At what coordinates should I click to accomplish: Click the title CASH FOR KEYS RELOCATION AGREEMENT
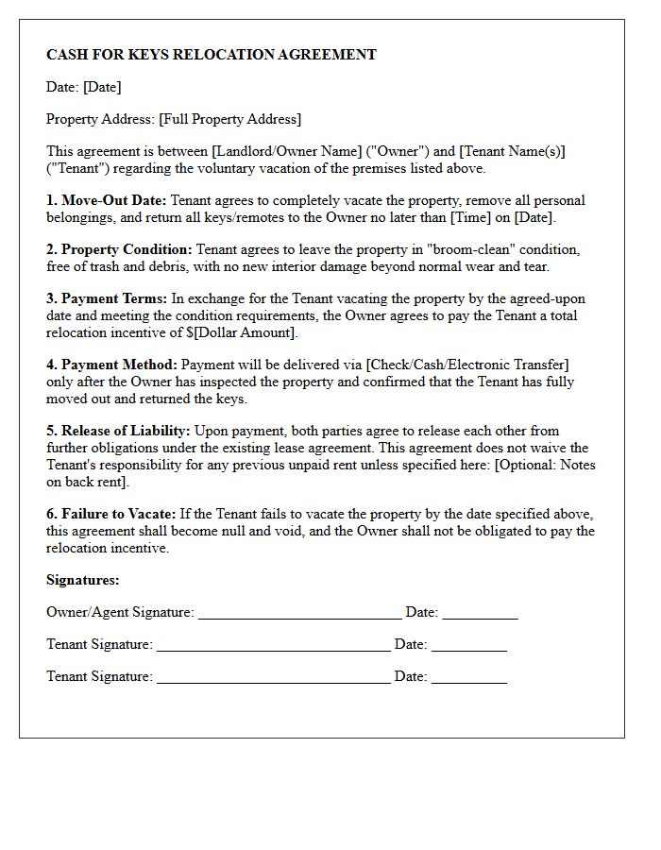click(x=212, y=55)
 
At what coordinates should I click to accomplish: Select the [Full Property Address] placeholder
click(x=230, y=119)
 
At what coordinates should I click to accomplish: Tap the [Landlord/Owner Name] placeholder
click(x=287, y=151)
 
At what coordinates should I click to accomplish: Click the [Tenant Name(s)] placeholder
click(x=513, y=151)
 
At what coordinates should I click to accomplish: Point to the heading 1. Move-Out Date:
click(x=107, y=200)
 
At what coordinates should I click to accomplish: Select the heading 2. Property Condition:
click(x=119, y=249)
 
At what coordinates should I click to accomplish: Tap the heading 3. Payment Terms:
click(x=107, y=298)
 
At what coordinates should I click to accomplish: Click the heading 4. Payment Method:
click(x=111, y=365)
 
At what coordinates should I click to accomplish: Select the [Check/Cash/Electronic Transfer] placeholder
click(x=468, y=365)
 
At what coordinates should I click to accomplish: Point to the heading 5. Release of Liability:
click(x=118, y=431)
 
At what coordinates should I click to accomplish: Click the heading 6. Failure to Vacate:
click(x=111, y=514)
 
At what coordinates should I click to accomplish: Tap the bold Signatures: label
click(x=83, y=580)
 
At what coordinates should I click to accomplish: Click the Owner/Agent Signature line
click(x=299, y=614)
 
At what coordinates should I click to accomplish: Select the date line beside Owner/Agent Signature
click(x=480, y=614)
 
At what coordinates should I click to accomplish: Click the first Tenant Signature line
click(x=273, y=646)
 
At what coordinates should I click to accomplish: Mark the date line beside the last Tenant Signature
click(x=468, y=678)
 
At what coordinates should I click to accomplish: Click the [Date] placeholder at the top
click(x=102, y=87)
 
